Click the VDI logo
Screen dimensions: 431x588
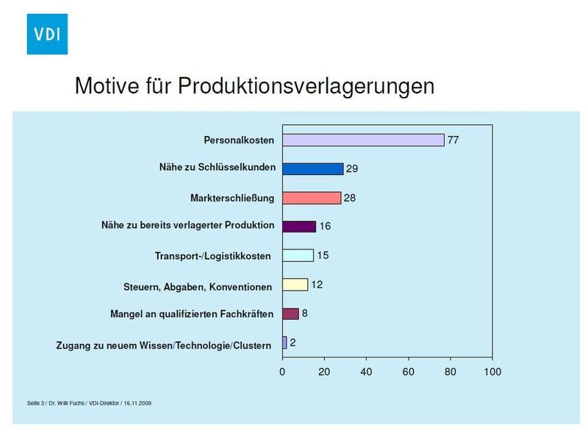46,33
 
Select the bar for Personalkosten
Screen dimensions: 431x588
363,140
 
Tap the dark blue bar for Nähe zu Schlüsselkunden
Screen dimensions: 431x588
313,168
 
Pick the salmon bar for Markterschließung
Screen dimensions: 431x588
312,198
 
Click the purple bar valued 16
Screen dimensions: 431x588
299,227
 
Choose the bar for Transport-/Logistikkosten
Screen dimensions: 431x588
298,255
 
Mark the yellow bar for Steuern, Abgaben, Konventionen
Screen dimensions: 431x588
295,285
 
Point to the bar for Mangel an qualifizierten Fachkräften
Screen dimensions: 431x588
290,313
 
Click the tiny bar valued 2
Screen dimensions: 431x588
284,343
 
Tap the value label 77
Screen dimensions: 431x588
453,140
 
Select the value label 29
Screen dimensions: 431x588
352,169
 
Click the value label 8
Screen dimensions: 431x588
305,313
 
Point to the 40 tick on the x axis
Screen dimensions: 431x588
366,372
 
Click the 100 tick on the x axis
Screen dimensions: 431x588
492,372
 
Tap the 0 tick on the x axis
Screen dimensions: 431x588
282,372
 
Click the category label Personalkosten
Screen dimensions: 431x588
238,140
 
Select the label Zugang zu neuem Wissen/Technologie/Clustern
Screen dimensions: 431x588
165,343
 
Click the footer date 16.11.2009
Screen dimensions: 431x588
138,403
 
